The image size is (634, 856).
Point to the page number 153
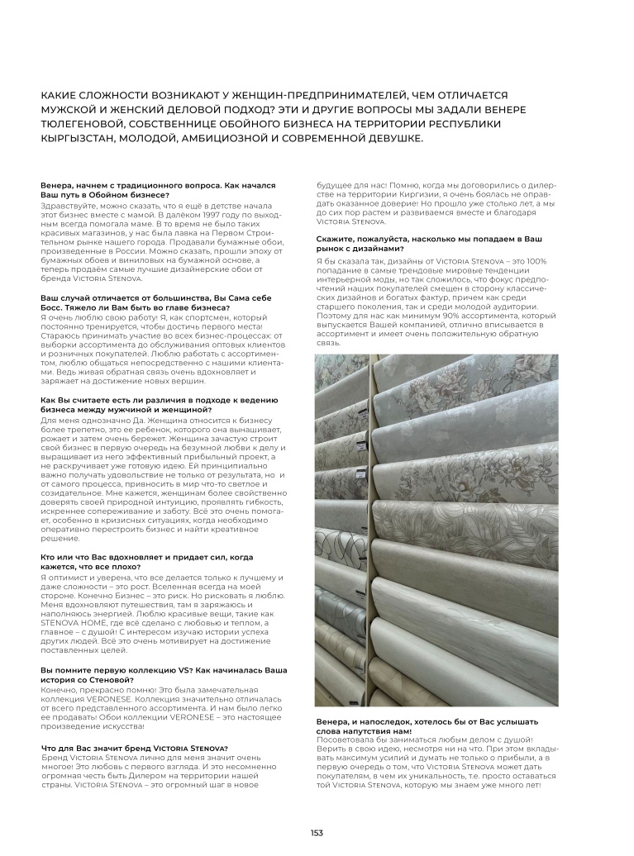point(317,832)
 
